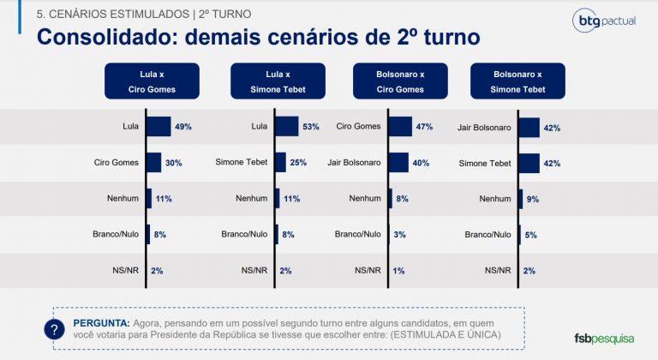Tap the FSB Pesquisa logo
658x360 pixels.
click(605, 337)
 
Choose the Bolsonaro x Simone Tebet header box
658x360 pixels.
click(519, 81)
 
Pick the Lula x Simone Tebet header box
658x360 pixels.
click(278, 81)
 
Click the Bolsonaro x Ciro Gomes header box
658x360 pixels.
click(399, 81)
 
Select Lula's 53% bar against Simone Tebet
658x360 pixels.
click(286, 127)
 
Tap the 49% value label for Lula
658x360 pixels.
click(182, 127)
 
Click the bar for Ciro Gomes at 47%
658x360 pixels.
click(400, 127)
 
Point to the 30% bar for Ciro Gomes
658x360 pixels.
click(154, 163)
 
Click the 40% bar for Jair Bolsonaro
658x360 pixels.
click(398, 163)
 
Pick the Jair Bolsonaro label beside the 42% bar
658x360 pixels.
click(486, 127)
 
